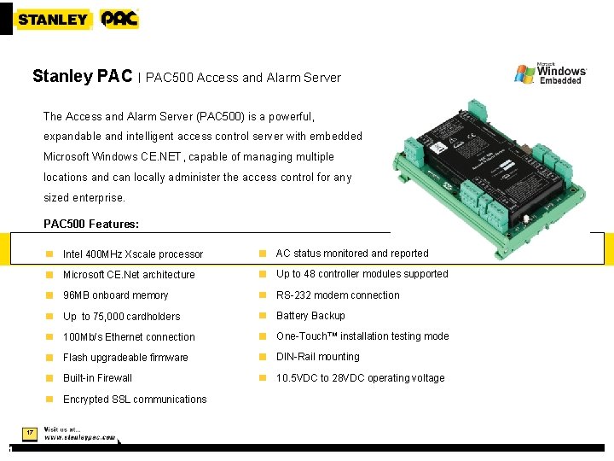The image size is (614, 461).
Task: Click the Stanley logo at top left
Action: (x=52, y=19)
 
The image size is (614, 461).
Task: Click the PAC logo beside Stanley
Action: (x=119, y=19)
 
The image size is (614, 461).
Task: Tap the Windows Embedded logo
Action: (x=550, y=73)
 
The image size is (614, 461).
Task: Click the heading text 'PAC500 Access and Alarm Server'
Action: (x=243, y=78)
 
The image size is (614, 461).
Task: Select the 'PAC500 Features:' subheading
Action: (x=90, y=225)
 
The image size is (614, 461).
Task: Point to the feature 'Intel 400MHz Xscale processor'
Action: (x=133, y=254)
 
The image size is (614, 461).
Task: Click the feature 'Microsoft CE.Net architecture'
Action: (x=129, y=275)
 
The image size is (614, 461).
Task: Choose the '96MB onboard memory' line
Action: (x=115, y=295)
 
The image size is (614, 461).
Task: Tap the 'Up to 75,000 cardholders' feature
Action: (x=121, y=317)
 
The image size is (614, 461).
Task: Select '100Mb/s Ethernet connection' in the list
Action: (x=129, y=337)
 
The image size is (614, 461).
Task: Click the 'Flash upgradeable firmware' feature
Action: (x=125, y=358)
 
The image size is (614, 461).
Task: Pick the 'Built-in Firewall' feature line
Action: (x=97, y=378)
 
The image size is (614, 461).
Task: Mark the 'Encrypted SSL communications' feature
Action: (x=135, y=400)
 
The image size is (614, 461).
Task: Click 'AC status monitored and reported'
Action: (x=352, y=254)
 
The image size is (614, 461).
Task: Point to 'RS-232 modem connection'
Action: (x=338, y=295)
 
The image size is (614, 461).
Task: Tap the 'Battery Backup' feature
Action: (x=310, y=316)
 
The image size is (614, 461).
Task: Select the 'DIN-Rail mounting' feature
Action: (x=318, y=357)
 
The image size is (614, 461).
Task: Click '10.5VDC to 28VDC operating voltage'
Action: (x=360, y=378)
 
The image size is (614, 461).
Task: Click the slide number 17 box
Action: (x=29, y=434)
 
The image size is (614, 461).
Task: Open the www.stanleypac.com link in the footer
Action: (x=80, y=437)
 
